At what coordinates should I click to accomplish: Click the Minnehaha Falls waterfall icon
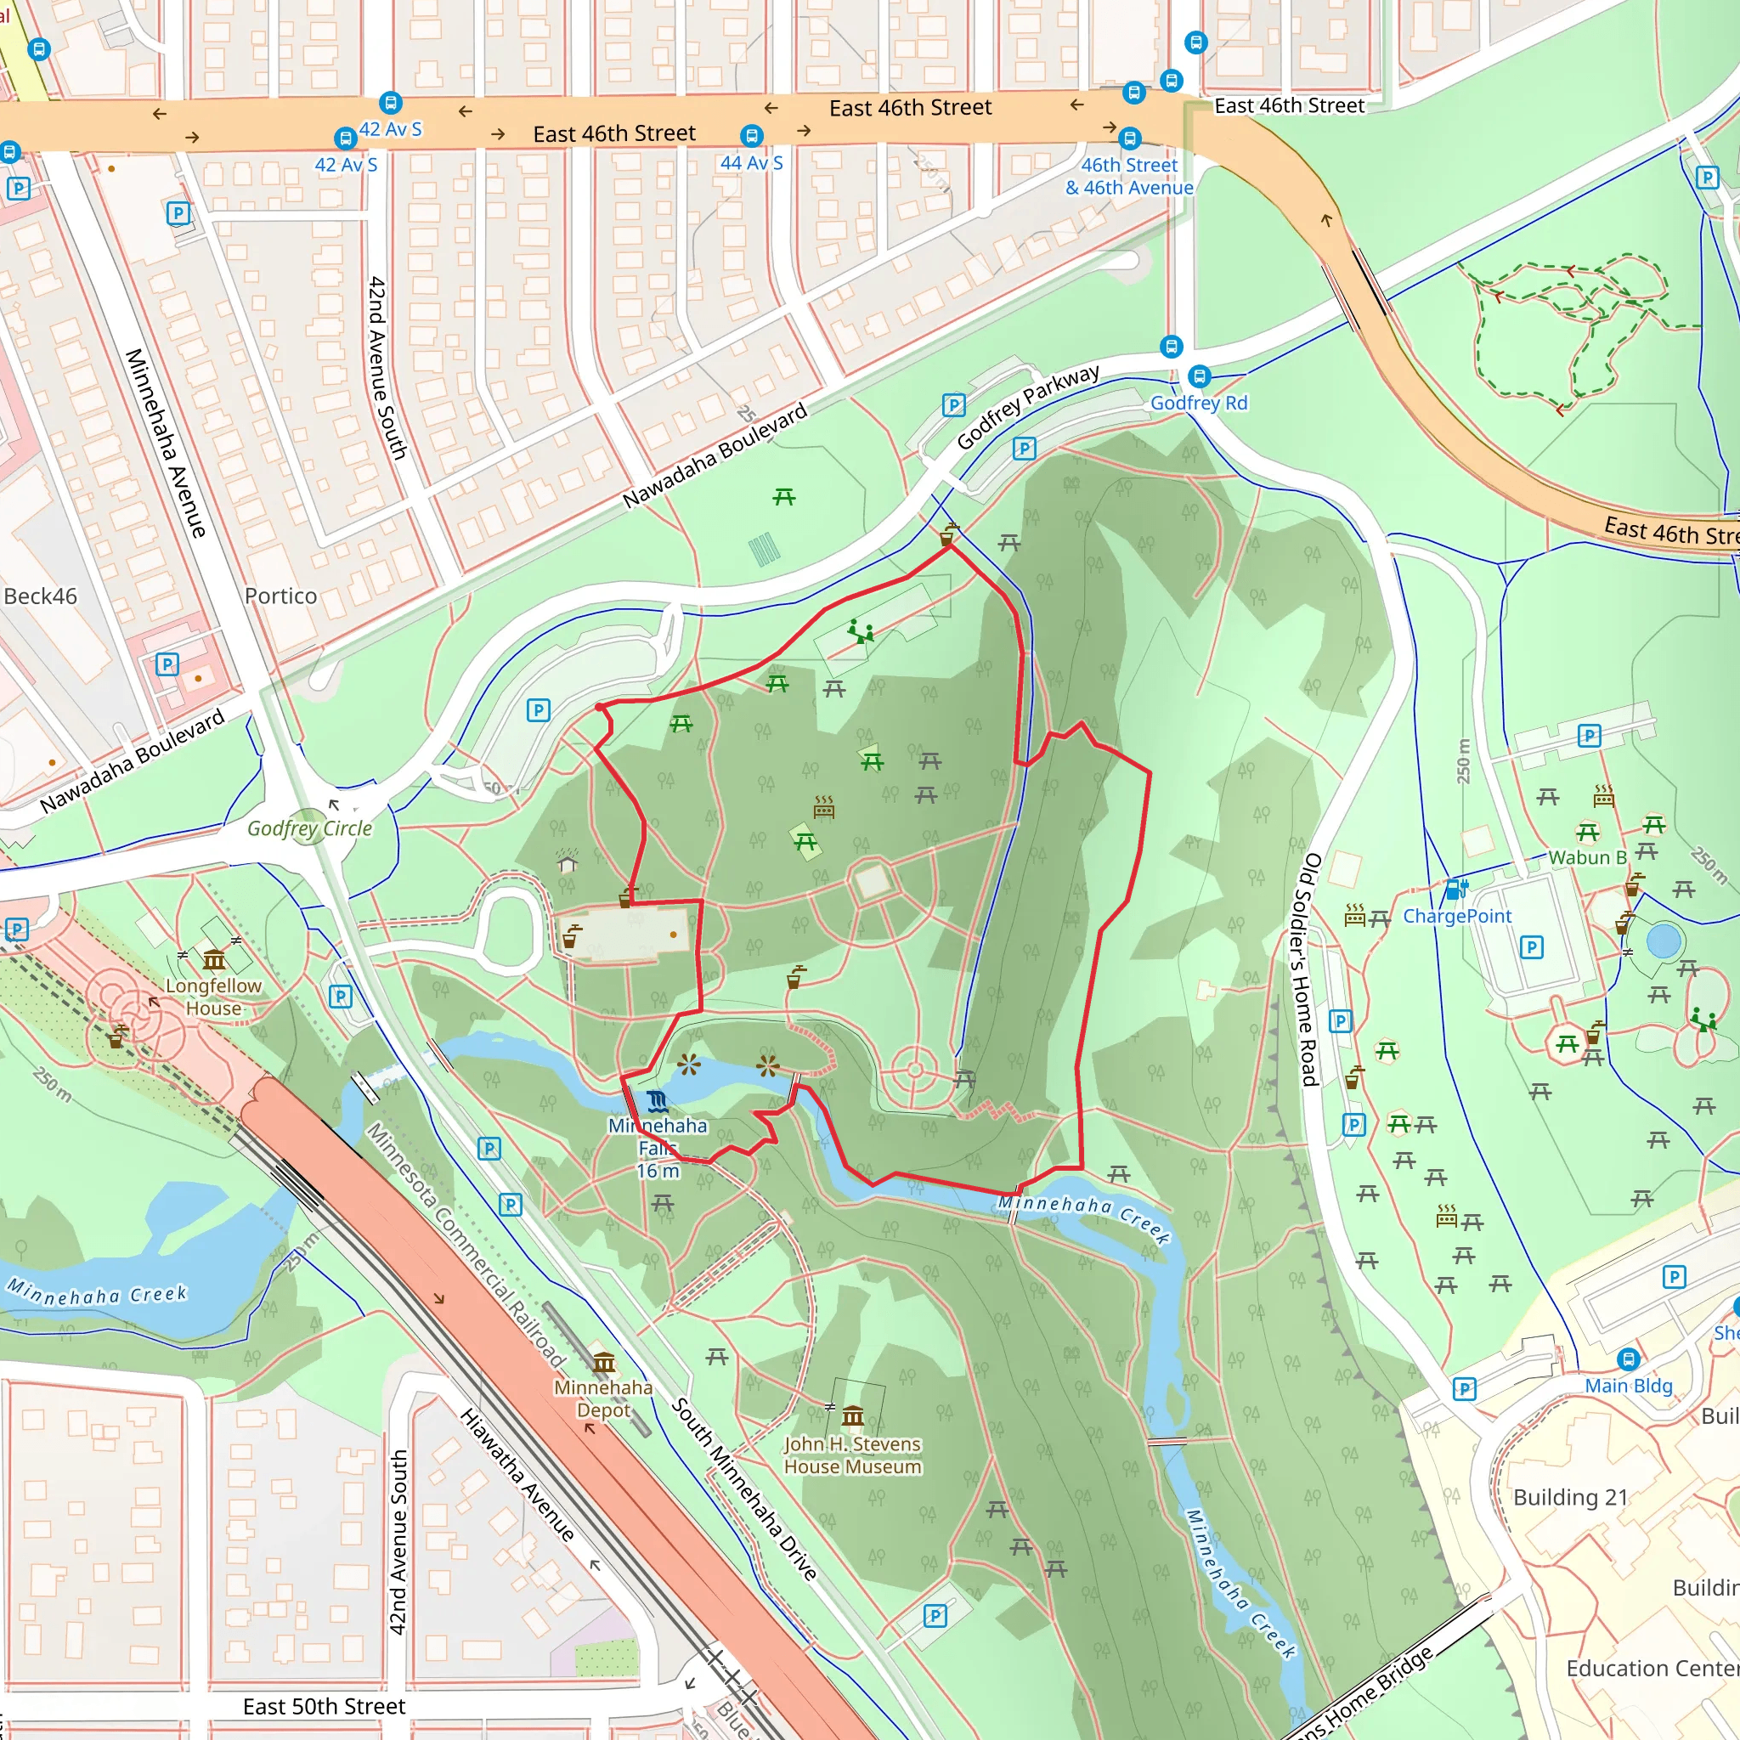coord(658,1101)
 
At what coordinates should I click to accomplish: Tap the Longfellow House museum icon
coord(213,959)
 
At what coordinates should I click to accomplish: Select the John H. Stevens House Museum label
coord(852,1455)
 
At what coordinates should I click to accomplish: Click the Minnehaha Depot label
coord(602,1398)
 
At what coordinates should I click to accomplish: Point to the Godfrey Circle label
coord(310,828)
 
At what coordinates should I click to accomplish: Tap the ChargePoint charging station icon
coord(1455,890)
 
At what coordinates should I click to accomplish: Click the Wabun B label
coord(1587,857)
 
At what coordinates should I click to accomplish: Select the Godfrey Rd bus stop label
coord(1199,403)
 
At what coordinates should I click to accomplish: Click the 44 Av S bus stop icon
coord(752,136)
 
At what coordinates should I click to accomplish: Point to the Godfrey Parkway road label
coord(1028,407)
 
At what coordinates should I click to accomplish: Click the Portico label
coord(281,596)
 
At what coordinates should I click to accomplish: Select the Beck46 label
coord(41,596)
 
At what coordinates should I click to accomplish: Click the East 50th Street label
coord(325,1707)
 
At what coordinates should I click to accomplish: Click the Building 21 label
coord(1571,1498)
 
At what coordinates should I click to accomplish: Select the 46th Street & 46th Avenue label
coord(1129,177)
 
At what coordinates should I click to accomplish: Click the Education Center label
coord(1652,1669)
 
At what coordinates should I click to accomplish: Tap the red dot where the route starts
coord(600,707)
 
